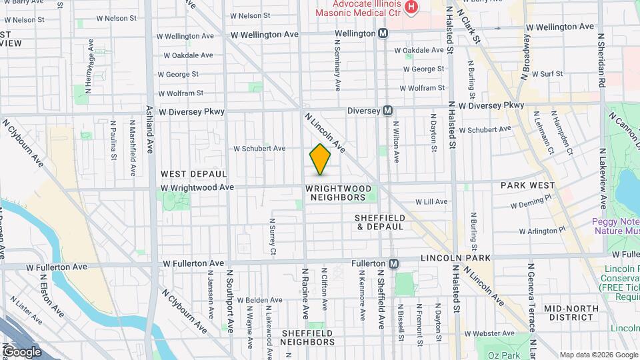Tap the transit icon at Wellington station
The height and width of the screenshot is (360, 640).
point(383,33)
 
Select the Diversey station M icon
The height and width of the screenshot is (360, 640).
point(387,111)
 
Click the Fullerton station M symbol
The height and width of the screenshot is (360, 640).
point(394,263)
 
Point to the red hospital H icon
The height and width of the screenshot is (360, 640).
point(411,7)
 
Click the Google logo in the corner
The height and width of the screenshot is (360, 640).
point(21,351)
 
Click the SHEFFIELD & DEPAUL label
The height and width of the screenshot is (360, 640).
point(379,222)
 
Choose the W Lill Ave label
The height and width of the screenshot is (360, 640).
point(431,201)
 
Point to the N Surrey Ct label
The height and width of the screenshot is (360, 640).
point(273,237)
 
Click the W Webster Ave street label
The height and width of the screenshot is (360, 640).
point(541,333)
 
